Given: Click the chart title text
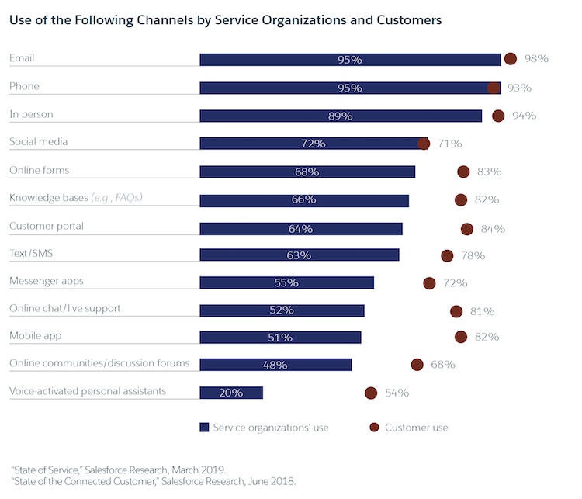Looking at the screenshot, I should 215,20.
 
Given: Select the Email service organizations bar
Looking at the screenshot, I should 350,60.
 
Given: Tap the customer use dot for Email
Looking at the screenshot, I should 511,59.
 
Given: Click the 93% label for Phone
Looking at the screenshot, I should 519,88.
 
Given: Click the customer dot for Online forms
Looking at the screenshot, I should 464,172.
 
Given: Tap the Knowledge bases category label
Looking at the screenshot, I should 75,198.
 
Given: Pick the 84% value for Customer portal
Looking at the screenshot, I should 493,229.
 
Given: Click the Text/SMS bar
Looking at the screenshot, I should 300,255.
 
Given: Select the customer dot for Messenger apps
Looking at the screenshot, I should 429,283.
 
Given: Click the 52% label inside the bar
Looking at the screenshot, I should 281,310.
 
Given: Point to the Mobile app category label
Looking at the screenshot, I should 35,336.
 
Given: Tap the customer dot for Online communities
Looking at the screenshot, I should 417,364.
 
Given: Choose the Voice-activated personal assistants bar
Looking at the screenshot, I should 231,393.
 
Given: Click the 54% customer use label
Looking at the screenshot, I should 397,393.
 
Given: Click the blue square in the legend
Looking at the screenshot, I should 204,427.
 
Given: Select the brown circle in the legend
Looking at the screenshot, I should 373,427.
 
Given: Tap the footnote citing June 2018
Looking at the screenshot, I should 153,482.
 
